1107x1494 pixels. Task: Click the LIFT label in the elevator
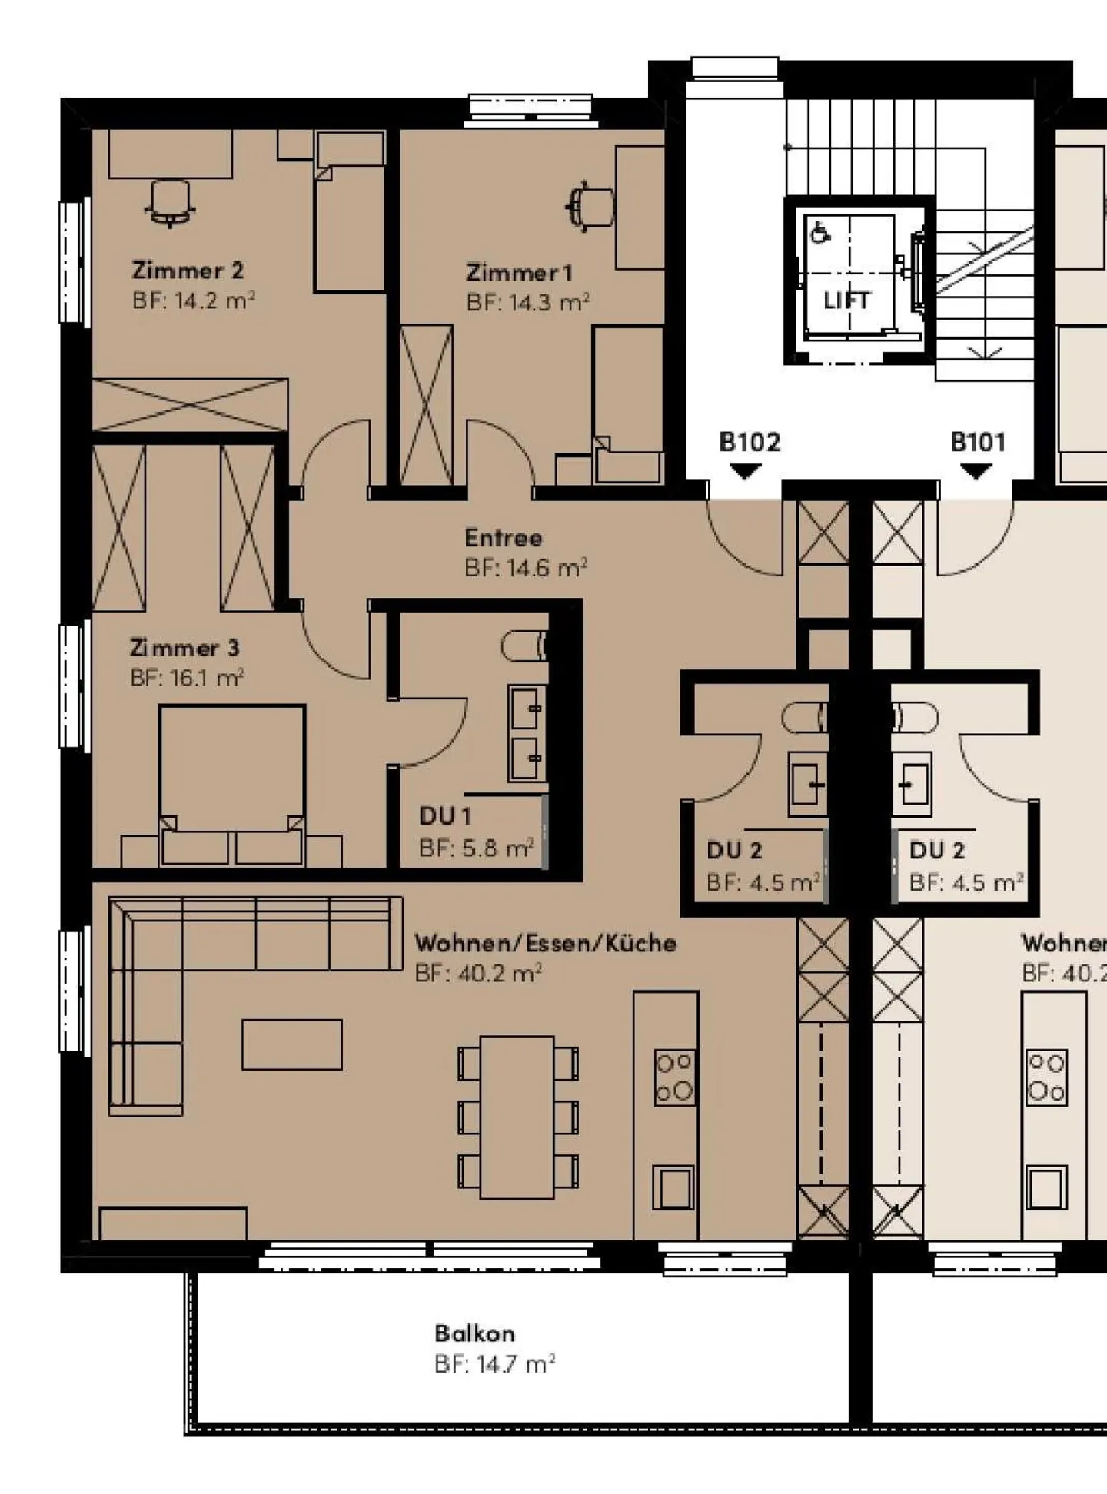pos(846,300)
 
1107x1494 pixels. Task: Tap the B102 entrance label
pos(749,442)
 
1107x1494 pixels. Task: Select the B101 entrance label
pos(977,442)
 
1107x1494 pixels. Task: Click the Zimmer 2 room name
pos(187,271)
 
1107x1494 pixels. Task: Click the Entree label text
pos(503,538)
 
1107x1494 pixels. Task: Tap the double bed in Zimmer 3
pos(231,776)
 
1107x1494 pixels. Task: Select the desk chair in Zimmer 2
pos(169,203)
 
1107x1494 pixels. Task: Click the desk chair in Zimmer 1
pos(590,206)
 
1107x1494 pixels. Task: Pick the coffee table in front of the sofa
pos(291,1044)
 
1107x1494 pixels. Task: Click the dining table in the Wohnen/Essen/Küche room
pos(517,1117)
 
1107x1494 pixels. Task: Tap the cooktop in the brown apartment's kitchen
pos(674,1077)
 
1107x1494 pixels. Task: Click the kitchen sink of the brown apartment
pos(673,1187)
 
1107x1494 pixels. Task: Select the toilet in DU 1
pos(524,646)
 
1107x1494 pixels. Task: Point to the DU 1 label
pos(444,815)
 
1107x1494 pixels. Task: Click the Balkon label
pos(474,1333)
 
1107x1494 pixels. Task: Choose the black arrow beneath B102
pos(743,471)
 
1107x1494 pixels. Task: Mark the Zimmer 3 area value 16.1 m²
pos(187,678)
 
